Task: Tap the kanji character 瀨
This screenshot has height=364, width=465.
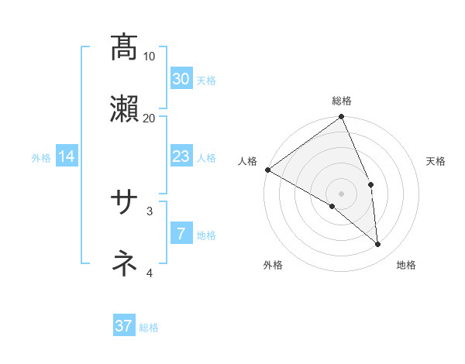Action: click(124, 108)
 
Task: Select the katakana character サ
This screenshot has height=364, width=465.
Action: click(124, 203)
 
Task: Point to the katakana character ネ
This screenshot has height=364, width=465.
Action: click(124, 263)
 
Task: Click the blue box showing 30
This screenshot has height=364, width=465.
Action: click(181, 78)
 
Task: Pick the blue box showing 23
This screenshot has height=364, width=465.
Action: click(181, 156)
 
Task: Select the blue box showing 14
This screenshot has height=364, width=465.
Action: click(67, 156)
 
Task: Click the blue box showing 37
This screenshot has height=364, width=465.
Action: click(124, 326)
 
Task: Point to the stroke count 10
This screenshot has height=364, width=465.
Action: click(150, 57)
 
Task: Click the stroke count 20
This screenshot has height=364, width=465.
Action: click(150, 118)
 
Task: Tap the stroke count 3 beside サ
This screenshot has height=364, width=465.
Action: click(150, 210)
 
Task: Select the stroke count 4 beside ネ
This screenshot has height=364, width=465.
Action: click(150, 272)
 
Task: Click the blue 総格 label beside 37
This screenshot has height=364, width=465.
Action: click(149, 328)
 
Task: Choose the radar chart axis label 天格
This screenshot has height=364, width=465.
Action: click(436, 161)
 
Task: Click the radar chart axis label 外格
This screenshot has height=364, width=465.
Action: click(273, 265)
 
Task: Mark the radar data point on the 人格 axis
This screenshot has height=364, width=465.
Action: click(267, 170)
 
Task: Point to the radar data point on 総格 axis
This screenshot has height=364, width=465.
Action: click(342, 118)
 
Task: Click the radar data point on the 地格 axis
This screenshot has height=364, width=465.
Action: click(377, 245)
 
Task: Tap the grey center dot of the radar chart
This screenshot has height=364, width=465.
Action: click(342, 193)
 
